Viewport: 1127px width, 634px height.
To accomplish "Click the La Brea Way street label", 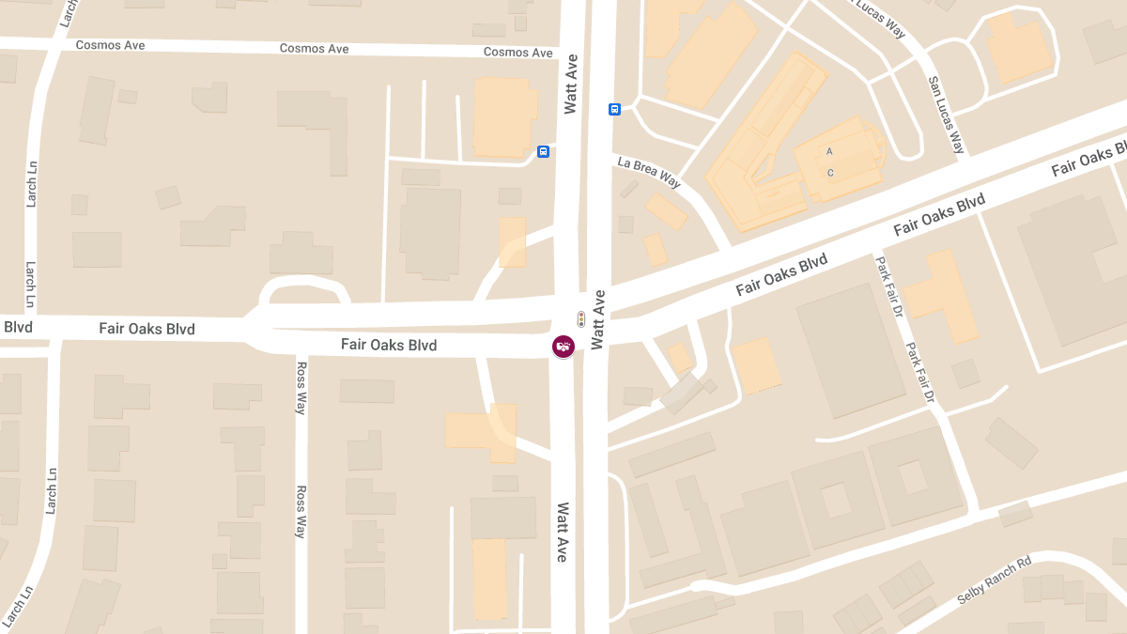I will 649,173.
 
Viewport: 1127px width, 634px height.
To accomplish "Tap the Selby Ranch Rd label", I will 994,581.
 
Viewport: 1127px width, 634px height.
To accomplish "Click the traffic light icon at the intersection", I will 581,318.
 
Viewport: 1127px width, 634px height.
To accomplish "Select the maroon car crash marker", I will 563,347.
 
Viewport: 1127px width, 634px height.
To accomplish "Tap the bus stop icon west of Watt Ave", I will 543,151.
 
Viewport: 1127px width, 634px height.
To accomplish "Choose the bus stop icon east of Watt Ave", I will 615,109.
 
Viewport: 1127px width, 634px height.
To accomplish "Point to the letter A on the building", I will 829,151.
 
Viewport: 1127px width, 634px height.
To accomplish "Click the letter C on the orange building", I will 830,173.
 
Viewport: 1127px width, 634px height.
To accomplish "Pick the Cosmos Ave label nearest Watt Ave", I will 517,53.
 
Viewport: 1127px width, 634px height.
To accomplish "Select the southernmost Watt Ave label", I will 563,532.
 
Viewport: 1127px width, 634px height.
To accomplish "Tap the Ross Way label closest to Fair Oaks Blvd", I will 301,387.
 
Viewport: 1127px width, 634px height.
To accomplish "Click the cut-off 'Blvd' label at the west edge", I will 17,328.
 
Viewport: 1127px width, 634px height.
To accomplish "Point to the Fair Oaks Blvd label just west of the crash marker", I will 389,345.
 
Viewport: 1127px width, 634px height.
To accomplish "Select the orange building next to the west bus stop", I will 504,116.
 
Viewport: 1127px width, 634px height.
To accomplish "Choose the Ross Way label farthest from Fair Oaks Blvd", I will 301,511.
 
